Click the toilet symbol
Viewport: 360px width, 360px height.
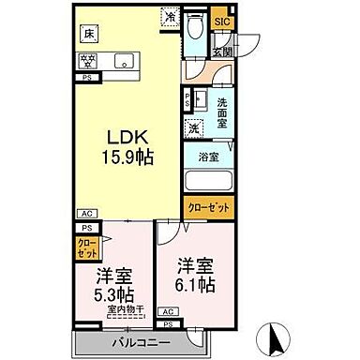[x=194, y=28]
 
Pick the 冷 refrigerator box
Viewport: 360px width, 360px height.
[x=171, y=16]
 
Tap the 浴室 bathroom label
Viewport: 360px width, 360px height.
[x=208, y=157]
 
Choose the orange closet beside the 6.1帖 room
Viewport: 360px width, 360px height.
[x=206, y=208]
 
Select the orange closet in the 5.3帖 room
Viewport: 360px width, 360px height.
[x=84, y=248]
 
